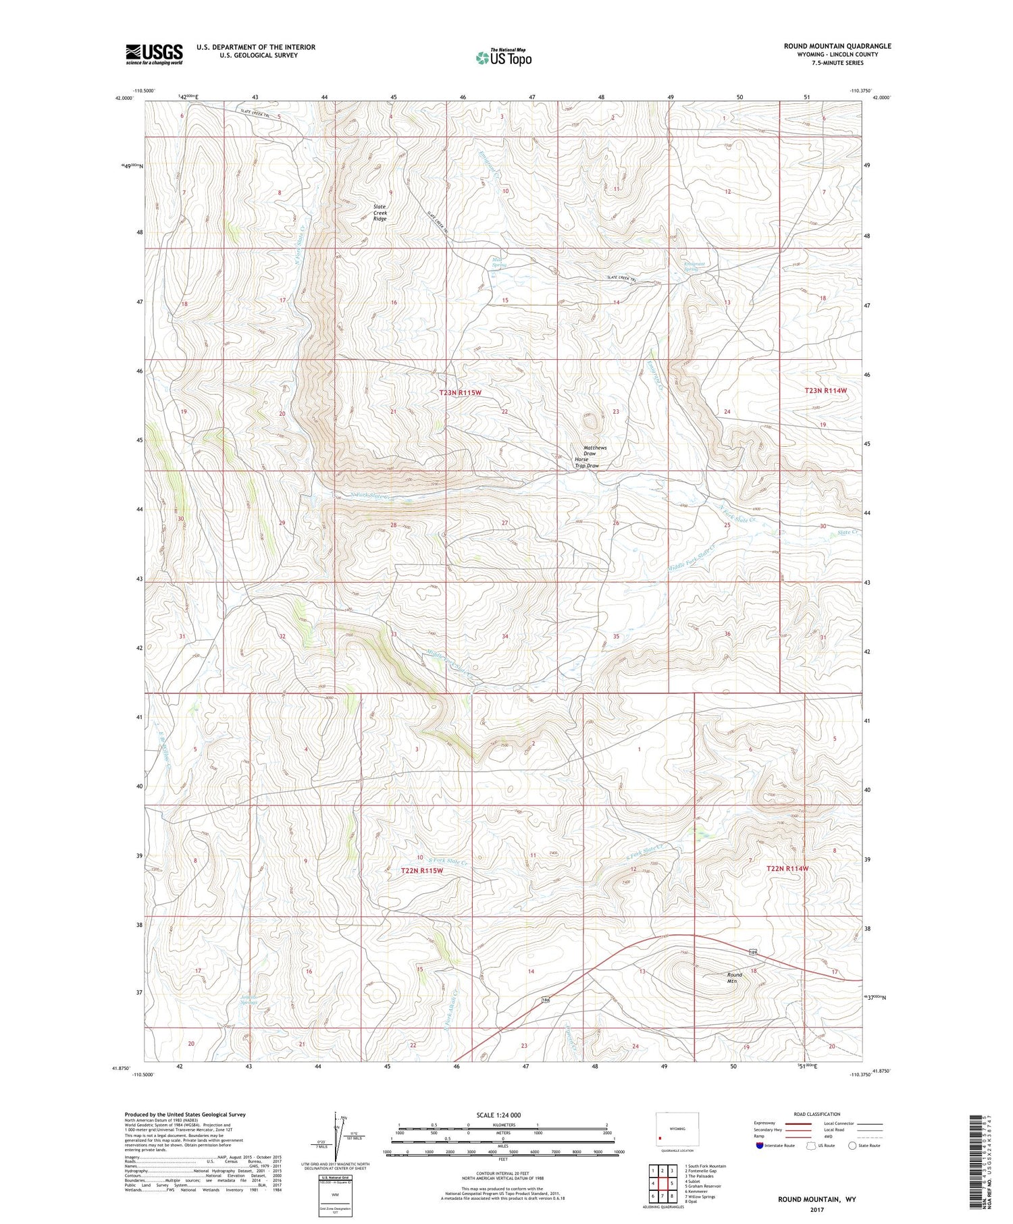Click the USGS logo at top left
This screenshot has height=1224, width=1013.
pos(154,54)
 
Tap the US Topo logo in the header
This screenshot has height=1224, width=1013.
pos(503,58)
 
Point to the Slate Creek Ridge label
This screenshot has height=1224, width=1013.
pos(380,213)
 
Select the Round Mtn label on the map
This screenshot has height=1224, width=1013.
pos(734,978)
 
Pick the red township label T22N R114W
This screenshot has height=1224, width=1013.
pos(787,868)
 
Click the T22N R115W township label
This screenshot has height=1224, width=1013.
pos(422,871)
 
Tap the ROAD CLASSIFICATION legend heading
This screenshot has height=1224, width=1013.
pos(817,1114)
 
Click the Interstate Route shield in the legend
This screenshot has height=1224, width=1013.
pos(760,1146)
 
